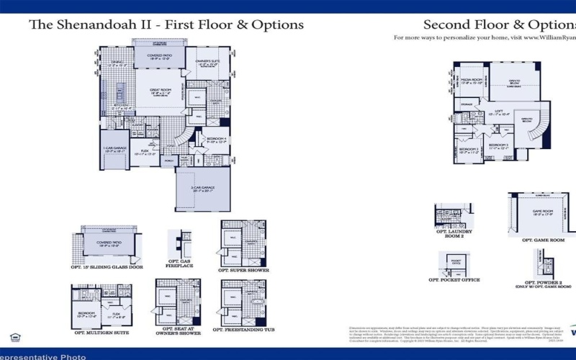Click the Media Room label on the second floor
(472, 81)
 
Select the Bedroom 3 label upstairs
(499, 146)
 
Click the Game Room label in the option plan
(542, 212)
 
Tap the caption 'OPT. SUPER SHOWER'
(243, 270)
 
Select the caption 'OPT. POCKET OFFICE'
(454, 279)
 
